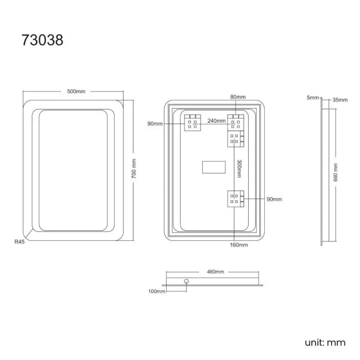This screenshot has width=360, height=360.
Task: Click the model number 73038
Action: (43, 40)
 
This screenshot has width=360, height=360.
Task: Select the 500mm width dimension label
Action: (76, 91)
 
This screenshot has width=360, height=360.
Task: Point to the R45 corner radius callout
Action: (19, 241)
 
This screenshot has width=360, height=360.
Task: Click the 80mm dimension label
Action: (238, 97)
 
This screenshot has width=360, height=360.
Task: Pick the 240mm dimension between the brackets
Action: (217, 120)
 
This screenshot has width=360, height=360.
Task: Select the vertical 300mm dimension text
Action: (239, 168)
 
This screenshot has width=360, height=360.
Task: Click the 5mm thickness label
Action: (313, 97)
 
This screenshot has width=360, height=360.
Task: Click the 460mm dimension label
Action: (215, 272)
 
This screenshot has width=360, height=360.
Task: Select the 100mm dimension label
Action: (157, 291)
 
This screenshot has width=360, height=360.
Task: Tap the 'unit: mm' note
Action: (325, 342)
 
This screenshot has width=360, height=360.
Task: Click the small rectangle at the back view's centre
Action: (213, 168)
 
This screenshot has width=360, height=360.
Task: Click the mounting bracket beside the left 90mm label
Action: (193, 122)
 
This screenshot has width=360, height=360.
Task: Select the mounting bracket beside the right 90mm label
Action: (235, 198)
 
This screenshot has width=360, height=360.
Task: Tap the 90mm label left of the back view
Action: (155, 124)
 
